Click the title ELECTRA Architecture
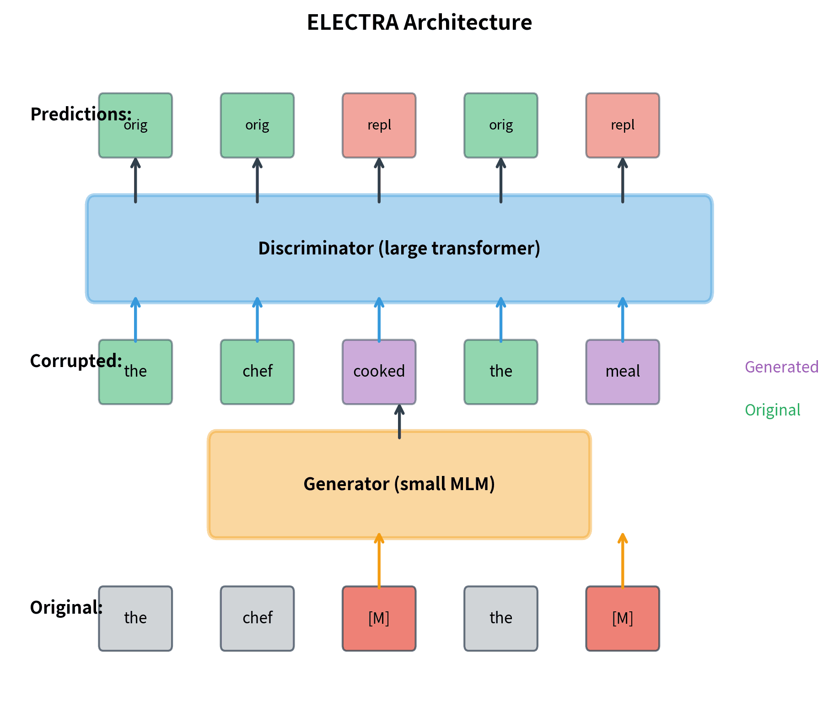tap(419, 22)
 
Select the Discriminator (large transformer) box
tap(399, 248)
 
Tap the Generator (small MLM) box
tap(399, 484)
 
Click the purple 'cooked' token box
tap(379, 372)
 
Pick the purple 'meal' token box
tap(622, 372)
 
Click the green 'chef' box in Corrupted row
tap(257, 372)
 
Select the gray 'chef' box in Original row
tap(257, 618)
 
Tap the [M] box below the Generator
tap(379, 618)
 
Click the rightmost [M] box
tap(622, 618)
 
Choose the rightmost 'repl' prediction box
tap(622, 125)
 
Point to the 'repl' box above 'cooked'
tap(379, 125)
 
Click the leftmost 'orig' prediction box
tap(135, 133)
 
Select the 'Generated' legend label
tap(781, 367)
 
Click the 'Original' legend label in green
tap(772, 410)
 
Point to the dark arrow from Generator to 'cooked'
tap(399, 422)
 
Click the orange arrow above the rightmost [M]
tap(622, 561)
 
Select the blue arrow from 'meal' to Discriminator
tap(622, 320)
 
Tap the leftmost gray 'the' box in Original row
tap(135, 618)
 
